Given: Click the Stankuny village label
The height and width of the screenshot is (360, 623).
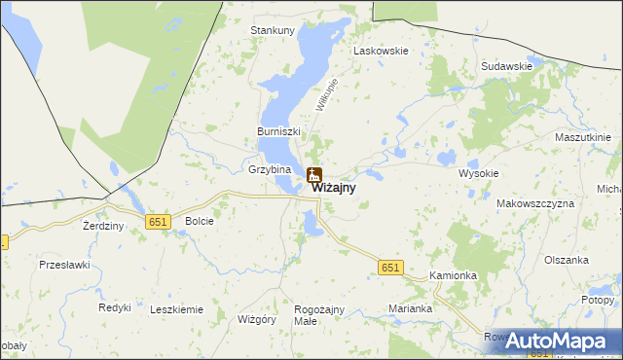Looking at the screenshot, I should (273, 30).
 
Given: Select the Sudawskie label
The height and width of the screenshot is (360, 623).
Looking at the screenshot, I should (506, 66).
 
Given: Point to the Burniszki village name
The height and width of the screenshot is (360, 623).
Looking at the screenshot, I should (279, 131).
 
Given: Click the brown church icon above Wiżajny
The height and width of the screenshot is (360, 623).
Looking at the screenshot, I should (314, 175).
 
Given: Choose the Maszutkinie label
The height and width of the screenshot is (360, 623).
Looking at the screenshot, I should (582, 137).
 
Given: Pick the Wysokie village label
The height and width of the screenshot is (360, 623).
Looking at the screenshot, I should (479, 173).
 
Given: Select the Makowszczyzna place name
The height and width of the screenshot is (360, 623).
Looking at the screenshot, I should (535, 203).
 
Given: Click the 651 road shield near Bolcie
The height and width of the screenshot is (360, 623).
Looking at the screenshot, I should (159, 222).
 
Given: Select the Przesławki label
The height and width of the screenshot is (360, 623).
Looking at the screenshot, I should (64, 264).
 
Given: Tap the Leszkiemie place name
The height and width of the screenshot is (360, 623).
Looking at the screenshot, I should (176, 309).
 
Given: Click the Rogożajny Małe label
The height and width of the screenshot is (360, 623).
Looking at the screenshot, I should (319, 315).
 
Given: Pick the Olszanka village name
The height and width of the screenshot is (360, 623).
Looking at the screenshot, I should (568, 260).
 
